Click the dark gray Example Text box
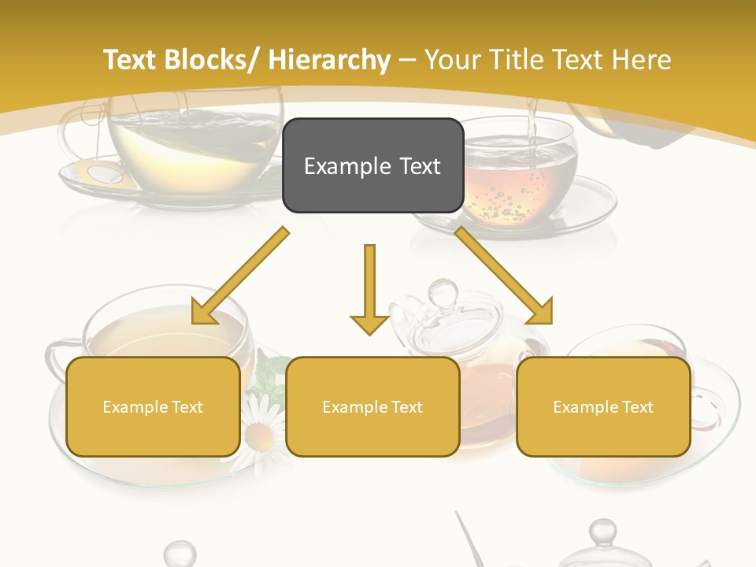tap(372, 165)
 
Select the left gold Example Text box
tap(153, 406)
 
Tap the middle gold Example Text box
tap(372, 406)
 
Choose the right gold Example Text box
tap(603, 406)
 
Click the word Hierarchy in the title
tap(329, 60)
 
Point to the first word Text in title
tap(129, 60)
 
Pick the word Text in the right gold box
tap(636, 406)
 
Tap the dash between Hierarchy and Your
tap(407, 60)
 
